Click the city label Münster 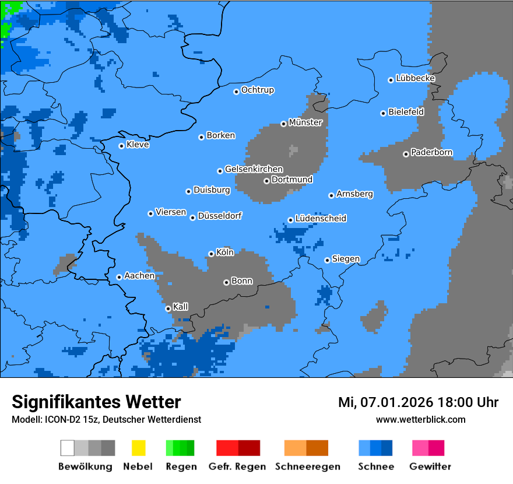tap(305, 122)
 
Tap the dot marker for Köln tap(211, 254)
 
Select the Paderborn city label tap(431, 153)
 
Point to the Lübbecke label tap(415, 78)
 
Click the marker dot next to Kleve tap(121, 146)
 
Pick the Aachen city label tap(139, 276)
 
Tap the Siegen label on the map tap(346, 259)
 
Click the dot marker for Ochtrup tap(236, 92)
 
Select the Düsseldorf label tap(219, 216)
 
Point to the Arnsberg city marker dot tap(331, 195)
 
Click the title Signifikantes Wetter tap(96, 402)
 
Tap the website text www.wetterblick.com tap(420, 420)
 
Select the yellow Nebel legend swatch tap(138, 448)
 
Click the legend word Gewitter tap(430, 467)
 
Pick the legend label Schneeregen tap(307, 467)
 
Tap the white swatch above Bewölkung tap(68, 448)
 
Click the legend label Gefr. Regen tap(237, 467)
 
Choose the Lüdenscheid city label tap(321, 219)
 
